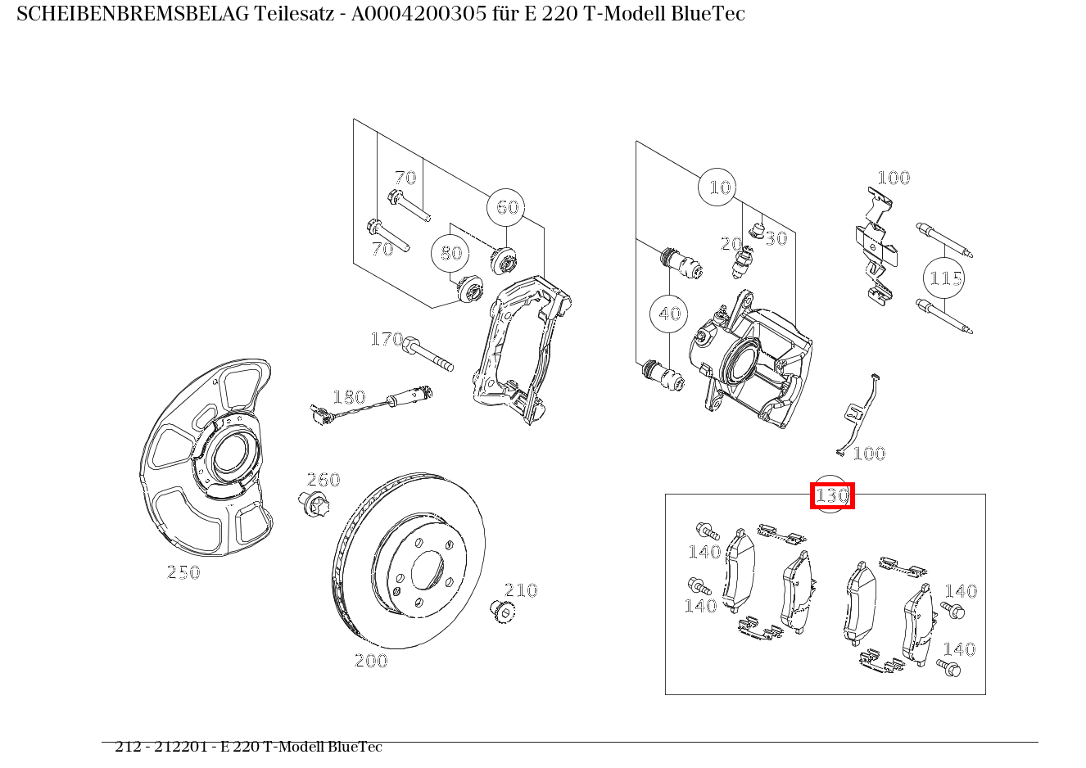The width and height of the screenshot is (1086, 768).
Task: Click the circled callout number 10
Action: (717, 188)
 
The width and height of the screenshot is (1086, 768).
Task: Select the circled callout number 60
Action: (506, 207)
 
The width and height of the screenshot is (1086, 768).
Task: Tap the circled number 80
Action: (451, 253)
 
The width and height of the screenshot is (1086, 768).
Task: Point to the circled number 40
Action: (669, 314)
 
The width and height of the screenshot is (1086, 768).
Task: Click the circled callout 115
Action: (944, 278)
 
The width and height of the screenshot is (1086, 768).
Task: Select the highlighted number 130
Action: (831, 495)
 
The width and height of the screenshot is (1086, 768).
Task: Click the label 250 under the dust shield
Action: (183, 573)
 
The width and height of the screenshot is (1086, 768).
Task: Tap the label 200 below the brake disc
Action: (370, 661)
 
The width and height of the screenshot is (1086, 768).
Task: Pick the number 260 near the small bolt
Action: (323, 480)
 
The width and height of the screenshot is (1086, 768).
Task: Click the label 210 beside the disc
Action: (520, 590)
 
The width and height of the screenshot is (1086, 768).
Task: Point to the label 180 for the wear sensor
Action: (349, 398)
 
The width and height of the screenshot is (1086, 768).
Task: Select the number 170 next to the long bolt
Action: (387, 339)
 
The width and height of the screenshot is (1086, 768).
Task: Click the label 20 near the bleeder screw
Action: (731, 244)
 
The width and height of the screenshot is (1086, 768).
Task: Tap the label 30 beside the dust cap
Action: (776, 238)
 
